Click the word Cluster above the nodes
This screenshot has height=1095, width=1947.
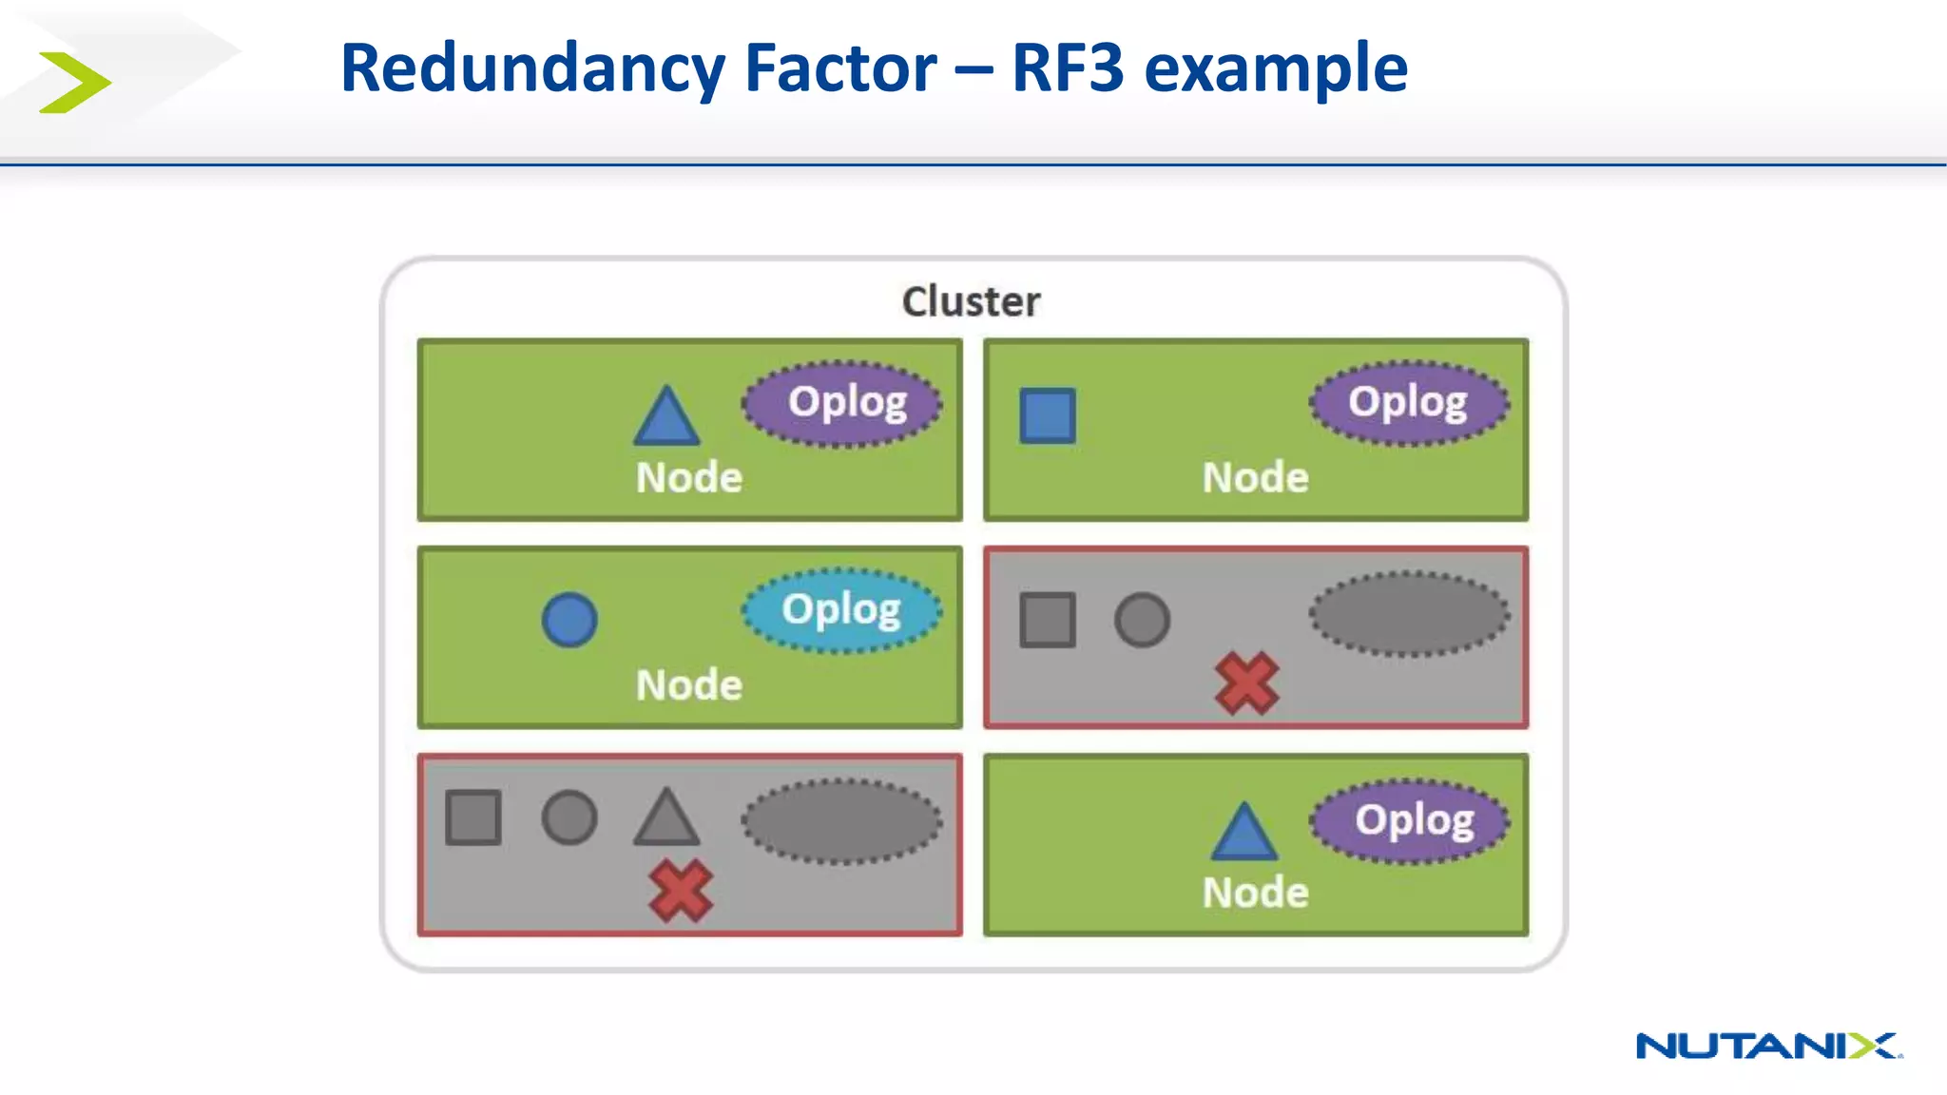(971, 301)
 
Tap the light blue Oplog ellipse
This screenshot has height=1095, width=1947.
(841, 610)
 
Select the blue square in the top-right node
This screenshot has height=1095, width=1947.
(1048, 415)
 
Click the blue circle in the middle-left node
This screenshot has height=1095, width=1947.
(569, 621)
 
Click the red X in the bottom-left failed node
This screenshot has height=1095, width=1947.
(680, 891)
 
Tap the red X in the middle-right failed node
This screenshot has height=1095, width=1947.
(1246, 683)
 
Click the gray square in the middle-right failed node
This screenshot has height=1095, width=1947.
(1048, 621)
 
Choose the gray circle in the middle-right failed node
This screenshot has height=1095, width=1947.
(1142, 621)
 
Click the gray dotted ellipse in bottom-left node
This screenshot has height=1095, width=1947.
(841, 821)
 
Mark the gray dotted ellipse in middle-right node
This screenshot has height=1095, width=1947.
(1409, 613)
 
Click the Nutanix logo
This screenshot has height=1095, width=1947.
(1768, 1046)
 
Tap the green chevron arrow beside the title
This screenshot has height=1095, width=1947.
(75, 83)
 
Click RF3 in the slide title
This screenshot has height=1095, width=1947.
(1068, 68)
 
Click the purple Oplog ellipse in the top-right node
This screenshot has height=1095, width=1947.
(1409, 402)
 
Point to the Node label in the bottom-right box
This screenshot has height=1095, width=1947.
(1255, 893)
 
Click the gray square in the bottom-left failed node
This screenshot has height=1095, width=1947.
(473, 817)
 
